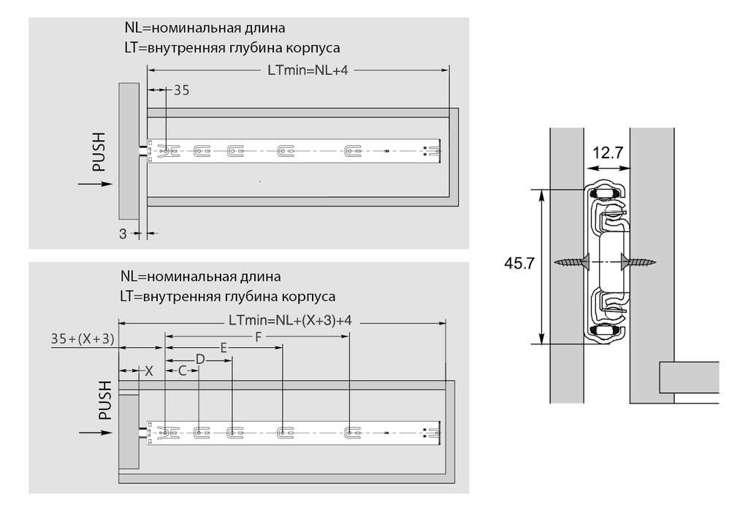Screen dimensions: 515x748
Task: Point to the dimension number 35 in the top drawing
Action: [x=181, y=90]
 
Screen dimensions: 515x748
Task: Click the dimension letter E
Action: [x=224, y=348]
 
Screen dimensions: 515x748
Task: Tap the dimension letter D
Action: [x=199, y=359]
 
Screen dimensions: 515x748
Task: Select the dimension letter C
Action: [x=183, y=371]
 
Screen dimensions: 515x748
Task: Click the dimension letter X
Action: [x=149, y=371]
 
